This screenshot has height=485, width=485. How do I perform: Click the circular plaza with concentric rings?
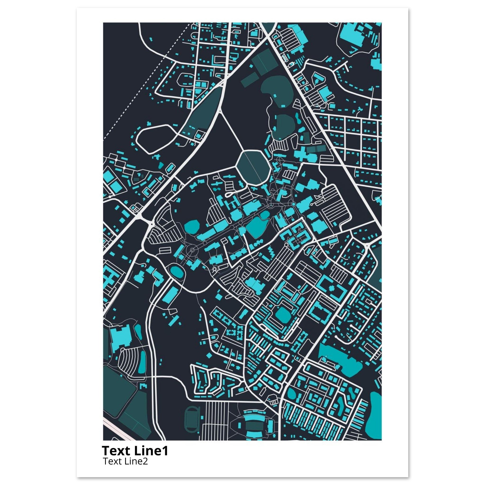coord(193,250)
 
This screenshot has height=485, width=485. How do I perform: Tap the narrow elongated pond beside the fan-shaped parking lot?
coord(143,363)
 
